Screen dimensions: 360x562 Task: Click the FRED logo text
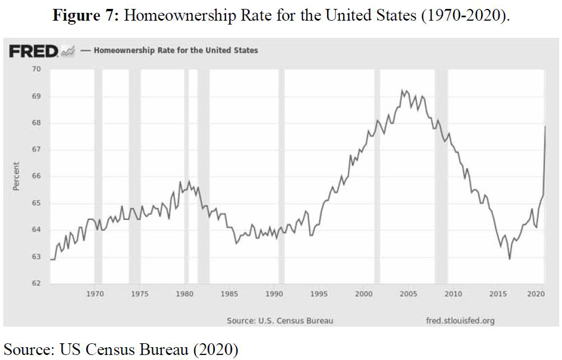click(33, 51)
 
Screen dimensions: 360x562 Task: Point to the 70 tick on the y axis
click(37, 69)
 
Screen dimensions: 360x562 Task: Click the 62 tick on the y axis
click(37, 284)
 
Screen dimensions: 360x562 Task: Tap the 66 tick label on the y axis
click(37, 176)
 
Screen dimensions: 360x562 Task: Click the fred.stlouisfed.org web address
click(459, 320)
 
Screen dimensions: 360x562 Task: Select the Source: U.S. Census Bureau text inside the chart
click(280, 320)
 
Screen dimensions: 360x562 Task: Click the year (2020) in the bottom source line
click(215, 350)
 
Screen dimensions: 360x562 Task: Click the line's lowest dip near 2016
click(509, 259)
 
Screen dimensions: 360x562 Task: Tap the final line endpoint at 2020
click(545, 127)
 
